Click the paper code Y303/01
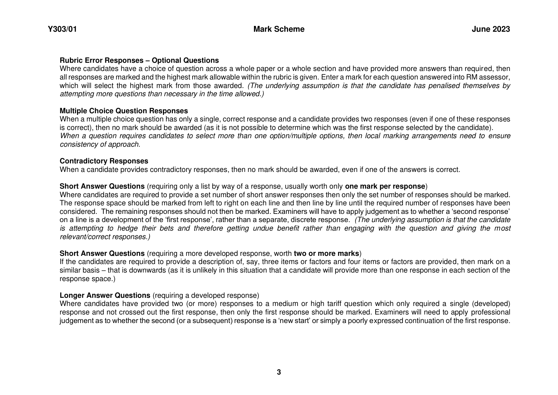pyautogui.click(x=62, y=29)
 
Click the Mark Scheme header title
pyautogui.click(x=279, y=29)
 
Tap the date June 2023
pyautogui.click(x=491, y=29)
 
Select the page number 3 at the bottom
pyautogui.click(x=279, y=372)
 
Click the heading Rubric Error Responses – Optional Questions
pyautogui.click(x=139, y=60)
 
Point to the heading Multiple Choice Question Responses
pyautogui.click(x=123, y=111)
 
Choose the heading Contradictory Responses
pyautogui.click(x=104, y=161)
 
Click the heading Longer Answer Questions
pyautogui.click(x=105, y=295)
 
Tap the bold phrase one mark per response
pyautogui.click(x=385, y=186)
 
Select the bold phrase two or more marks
pyautogui.click(x=326, y=253)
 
